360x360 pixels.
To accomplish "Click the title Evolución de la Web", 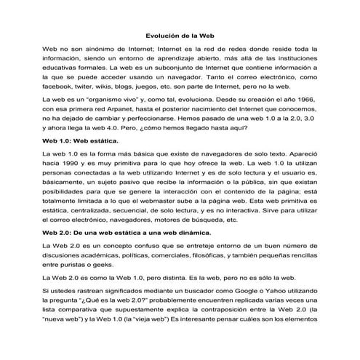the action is point(180,33).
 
